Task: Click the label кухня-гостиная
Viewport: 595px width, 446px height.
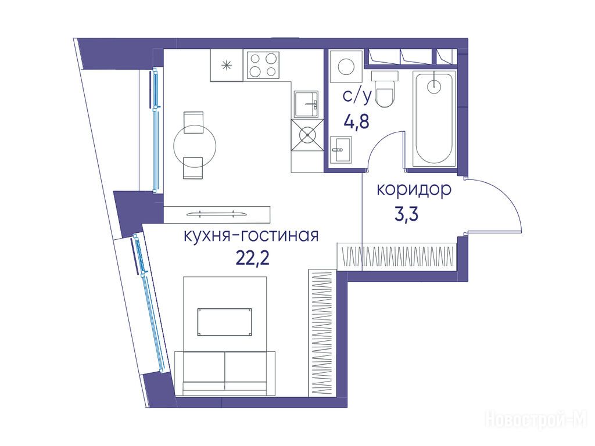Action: pos(251,236)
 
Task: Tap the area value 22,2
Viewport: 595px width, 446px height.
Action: pos(252,258)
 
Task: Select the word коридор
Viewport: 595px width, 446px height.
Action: pos(414,190)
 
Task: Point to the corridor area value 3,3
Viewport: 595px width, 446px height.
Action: pos(406,214)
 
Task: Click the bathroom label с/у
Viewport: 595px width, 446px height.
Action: pos(357,97)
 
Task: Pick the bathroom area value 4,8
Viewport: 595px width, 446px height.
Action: pos(356,122)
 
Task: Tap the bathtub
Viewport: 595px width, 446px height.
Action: pos(434,118)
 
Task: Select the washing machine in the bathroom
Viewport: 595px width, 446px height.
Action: pos(346,66)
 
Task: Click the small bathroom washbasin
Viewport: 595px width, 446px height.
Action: pos(340,149)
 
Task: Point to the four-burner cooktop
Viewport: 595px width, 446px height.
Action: pos(263,65)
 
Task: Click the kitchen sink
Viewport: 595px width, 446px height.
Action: pos(306,104)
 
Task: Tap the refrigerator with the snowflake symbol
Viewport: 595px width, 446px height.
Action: pos(227,65)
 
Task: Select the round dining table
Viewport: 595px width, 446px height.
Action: pos(195,145)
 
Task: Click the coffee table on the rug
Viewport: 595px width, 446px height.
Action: pos(224,322)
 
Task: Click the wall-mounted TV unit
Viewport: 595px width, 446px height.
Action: pos(217,214)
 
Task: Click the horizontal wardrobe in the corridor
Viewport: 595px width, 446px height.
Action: pos(396,256)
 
